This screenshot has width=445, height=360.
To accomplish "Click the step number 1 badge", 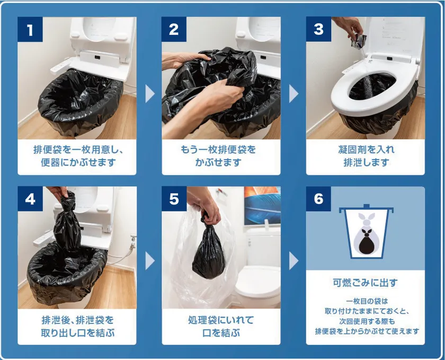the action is (x=30, y=29).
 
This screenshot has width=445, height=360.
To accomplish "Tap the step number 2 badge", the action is (x=174, y=29).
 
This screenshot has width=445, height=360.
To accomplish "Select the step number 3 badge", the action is (x=318, y=29).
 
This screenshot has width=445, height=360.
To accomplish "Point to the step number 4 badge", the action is (x=30, y=199).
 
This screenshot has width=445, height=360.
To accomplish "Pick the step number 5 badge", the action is (x=174, y=199).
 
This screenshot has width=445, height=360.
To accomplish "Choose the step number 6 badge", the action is (x=318, y=199).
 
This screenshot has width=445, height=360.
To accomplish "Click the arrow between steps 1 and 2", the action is (x=149, y=93).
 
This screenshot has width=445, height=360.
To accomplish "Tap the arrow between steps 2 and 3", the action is (x=293, y=93).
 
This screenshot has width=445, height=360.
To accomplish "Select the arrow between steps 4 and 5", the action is (x=149, y=260).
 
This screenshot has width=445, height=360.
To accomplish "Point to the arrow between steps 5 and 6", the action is (x=293, y=260).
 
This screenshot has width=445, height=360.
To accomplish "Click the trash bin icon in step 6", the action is (x=366, y=231).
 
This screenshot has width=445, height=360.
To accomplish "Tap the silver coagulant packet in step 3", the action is (x=359, y=41).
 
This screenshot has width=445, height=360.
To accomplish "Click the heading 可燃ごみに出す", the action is (x=365, y=283).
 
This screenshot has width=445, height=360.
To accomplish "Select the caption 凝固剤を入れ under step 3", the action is (x=366, y=150).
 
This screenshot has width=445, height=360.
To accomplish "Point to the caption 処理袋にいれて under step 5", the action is (x=221, y=320).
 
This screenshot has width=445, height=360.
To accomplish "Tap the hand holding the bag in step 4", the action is (x=58, y=192).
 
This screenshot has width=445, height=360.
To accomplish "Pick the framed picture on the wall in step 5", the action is (x=262, y=206).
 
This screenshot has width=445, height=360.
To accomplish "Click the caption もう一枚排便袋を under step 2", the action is (x=218, y=150).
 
